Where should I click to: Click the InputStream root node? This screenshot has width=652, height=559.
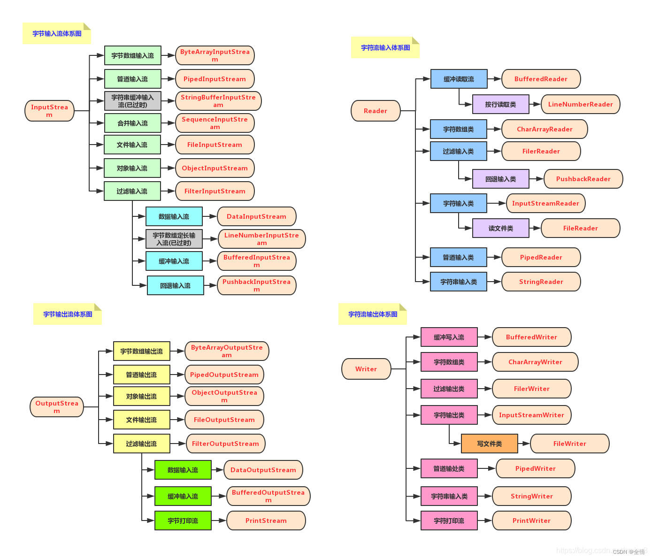pyautogui.click(x=49, y=111)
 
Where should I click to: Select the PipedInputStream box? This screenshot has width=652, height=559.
pyautogui.click(x=215, y=79)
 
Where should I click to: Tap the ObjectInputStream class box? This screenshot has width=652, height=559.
pyautogui.click(x=215, y=168)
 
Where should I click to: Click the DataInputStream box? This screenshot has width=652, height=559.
pyautogui.click(x=256, y=216)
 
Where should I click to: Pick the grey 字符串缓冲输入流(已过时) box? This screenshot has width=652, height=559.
pyautogui.click(x=132, y=101)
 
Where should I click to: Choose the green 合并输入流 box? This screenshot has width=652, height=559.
pyautogui.click(x=132, y=123)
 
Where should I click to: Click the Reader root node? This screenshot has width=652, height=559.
pyautogui.click(x=376, y=111)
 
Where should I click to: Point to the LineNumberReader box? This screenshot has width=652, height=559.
pyautogui.click(x=580, y=104)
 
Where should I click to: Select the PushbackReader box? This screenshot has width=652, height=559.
pyautogui.click(x=583, y=179)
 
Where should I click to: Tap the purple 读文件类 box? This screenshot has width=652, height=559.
pyautogui.click(x=500, y=228)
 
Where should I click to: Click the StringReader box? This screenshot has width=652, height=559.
pyautogui.click(x=541, y=282)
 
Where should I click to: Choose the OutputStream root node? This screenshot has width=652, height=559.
pyautogui.click(x=57, y=407)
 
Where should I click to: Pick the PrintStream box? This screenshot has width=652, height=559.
pyautogui.click(x=266, y=521)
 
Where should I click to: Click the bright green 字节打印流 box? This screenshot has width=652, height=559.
pyautogui.click(x=183, y=521)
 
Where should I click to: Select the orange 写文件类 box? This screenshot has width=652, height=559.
pyautogui.click(x=489, y=444)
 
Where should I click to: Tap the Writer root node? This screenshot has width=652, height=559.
pyautogui.click(x=366, y=369)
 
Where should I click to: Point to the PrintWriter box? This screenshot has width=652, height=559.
pyautogui.click(x=531, y=521)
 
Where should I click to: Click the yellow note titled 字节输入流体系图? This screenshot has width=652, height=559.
pyautogui.click(x=57, y=34)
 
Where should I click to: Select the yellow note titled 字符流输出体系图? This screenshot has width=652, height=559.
pyautogui.click(x=373, y=314)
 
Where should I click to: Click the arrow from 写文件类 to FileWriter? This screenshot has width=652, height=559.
pyautogui.click(x=524, y=444)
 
